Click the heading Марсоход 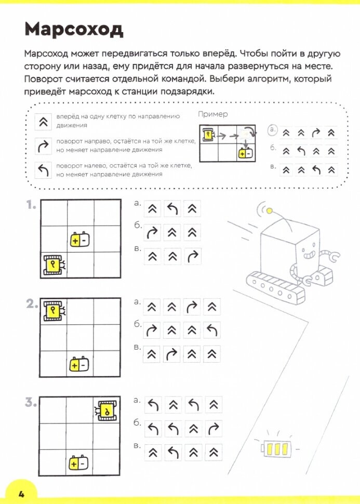click(74, 30)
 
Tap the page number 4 click(21, 494)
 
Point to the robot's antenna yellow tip click(270, 210)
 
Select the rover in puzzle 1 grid click(53, 265)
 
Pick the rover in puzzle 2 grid click(53, 311)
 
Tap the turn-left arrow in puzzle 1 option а click(172, 209)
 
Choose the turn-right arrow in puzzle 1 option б click(152, 232)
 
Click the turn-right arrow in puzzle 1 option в click(192, 256)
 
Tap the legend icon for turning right click(42, 147)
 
